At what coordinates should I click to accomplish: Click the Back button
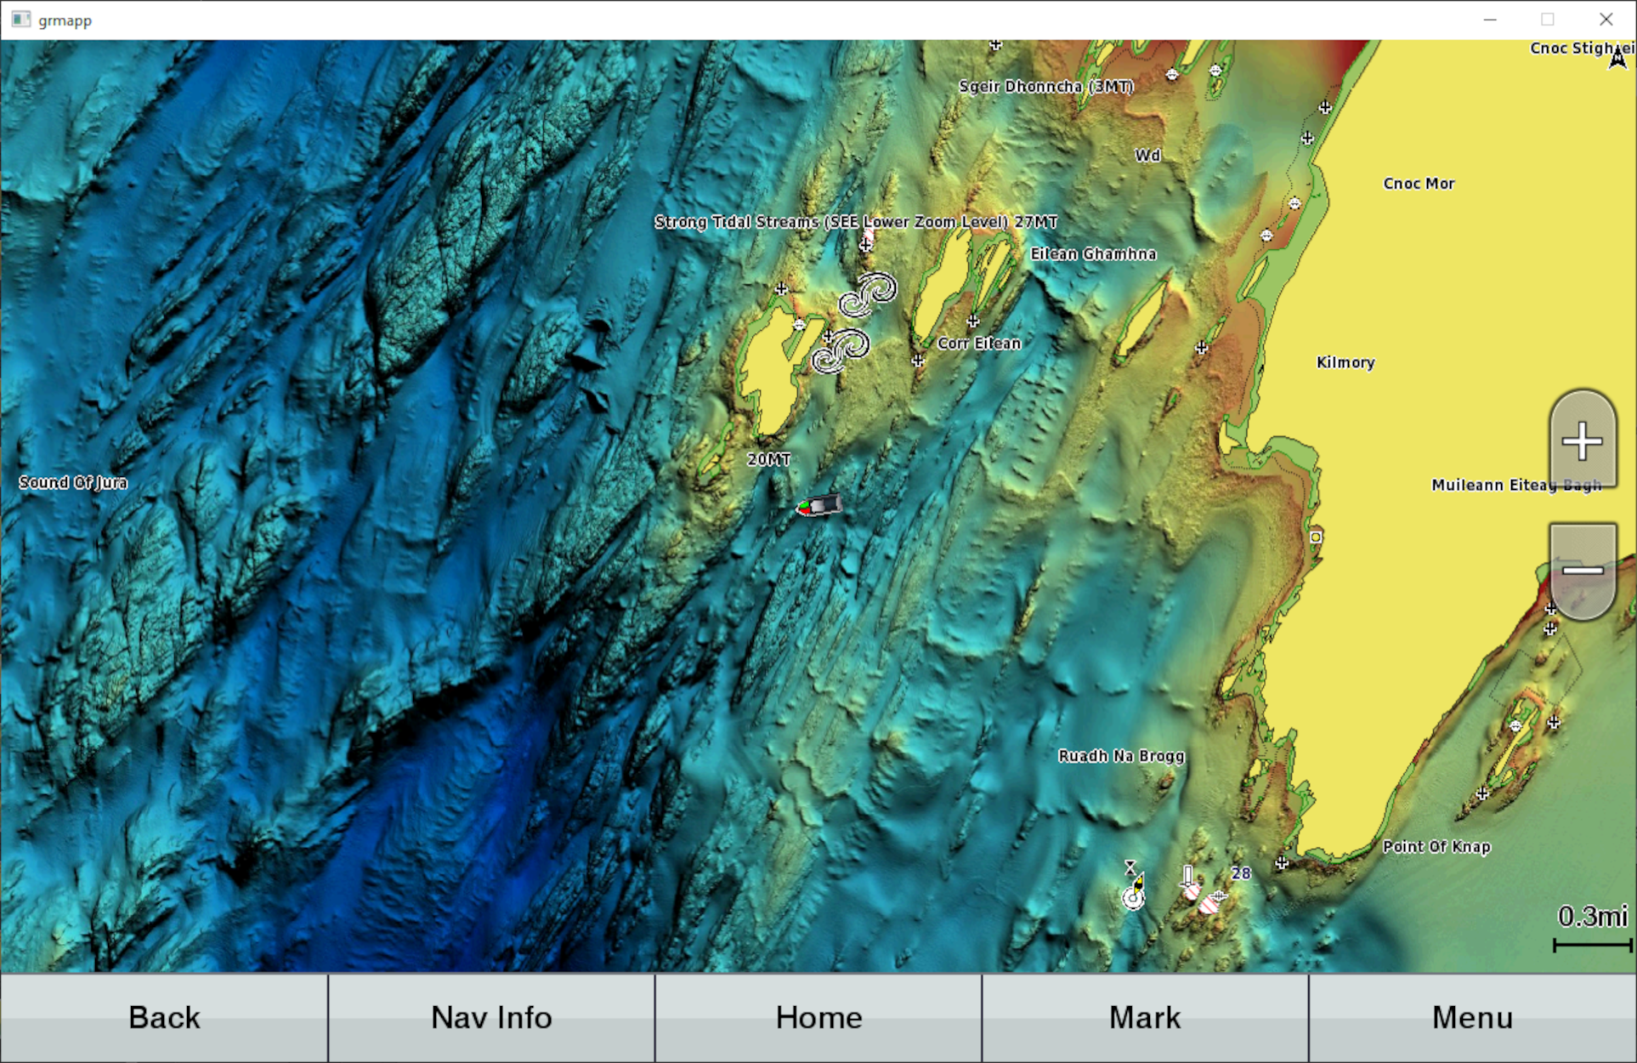click(x=164, y=1017)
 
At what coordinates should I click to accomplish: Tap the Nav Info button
click(x=491, y=1017)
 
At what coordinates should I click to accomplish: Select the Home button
click(x=818, y=1017)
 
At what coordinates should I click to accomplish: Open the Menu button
click(x=1472, y=1017)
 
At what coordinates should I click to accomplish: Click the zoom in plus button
click(x=1582, y=441)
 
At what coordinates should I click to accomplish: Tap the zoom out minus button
click(x=1582, y=570)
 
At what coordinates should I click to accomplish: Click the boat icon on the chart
click(x=819, y=506)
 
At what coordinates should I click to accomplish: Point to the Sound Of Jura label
click(x=73, y=482)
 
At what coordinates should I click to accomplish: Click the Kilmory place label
click(x=1345, y=362)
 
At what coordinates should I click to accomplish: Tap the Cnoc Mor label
click(x=1419, y=183)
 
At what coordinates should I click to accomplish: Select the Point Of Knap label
click(x=1436, y=846)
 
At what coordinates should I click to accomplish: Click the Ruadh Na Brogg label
click(x=1120, y=755)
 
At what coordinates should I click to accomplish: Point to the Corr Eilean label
click(x=978, y=343)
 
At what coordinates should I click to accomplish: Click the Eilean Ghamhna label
click(x=1093, y=253)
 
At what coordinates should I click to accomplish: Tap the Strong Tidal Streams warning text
click(x=855, y=221)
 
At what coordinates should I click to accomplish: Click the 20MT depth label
click(x=768, y=459)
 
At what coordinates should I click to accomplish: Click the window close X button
click(x=1606, y=19)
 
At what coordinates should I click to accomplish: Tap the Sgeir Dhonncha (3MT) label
click(x=1045, y=86)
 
